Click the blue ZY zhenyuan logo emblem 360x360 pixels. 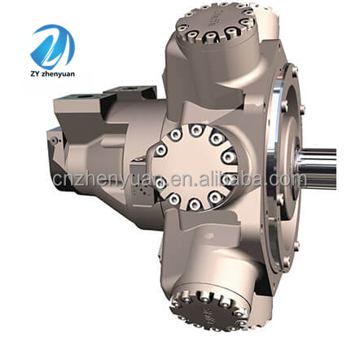(x=53, y=46)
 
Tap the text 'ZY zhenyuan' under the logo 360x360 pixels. (x=53, y=73)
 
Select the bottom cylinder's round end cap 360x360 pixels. (x=209, y=310)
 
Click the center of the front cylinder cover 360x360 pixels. (x=195, y=167)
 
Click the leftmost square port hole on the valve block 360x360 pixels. (x=83, y=97)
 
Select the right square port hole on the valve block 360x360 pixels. (x=130, y=89)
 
